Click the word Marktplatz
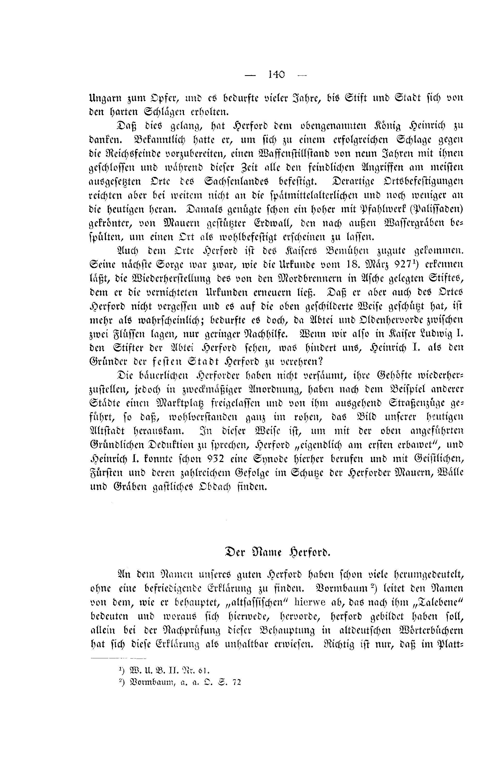tap(186, 403)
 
